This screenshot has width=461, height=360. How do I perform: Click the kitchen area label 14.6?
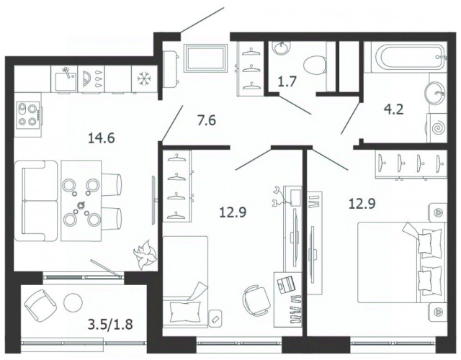pos(101,138)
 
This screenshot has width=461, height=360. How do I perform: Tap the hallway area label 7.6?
pos(207,120)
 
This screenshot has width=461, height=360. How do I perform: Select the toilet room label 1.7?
pos(287,81)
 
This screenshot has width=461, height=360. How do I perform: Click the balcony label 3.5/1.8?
pos(110,324)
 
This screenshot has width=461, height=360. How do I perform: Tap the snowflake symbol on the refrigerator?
pos(144,79)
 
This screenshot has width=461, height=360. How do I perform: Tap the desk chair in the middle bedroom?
pos(256,300)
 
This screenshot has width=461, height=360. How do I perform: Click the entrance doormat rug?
pos(205,58)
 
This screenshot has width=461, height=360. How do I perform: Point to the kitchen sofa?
pos(35,201)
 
